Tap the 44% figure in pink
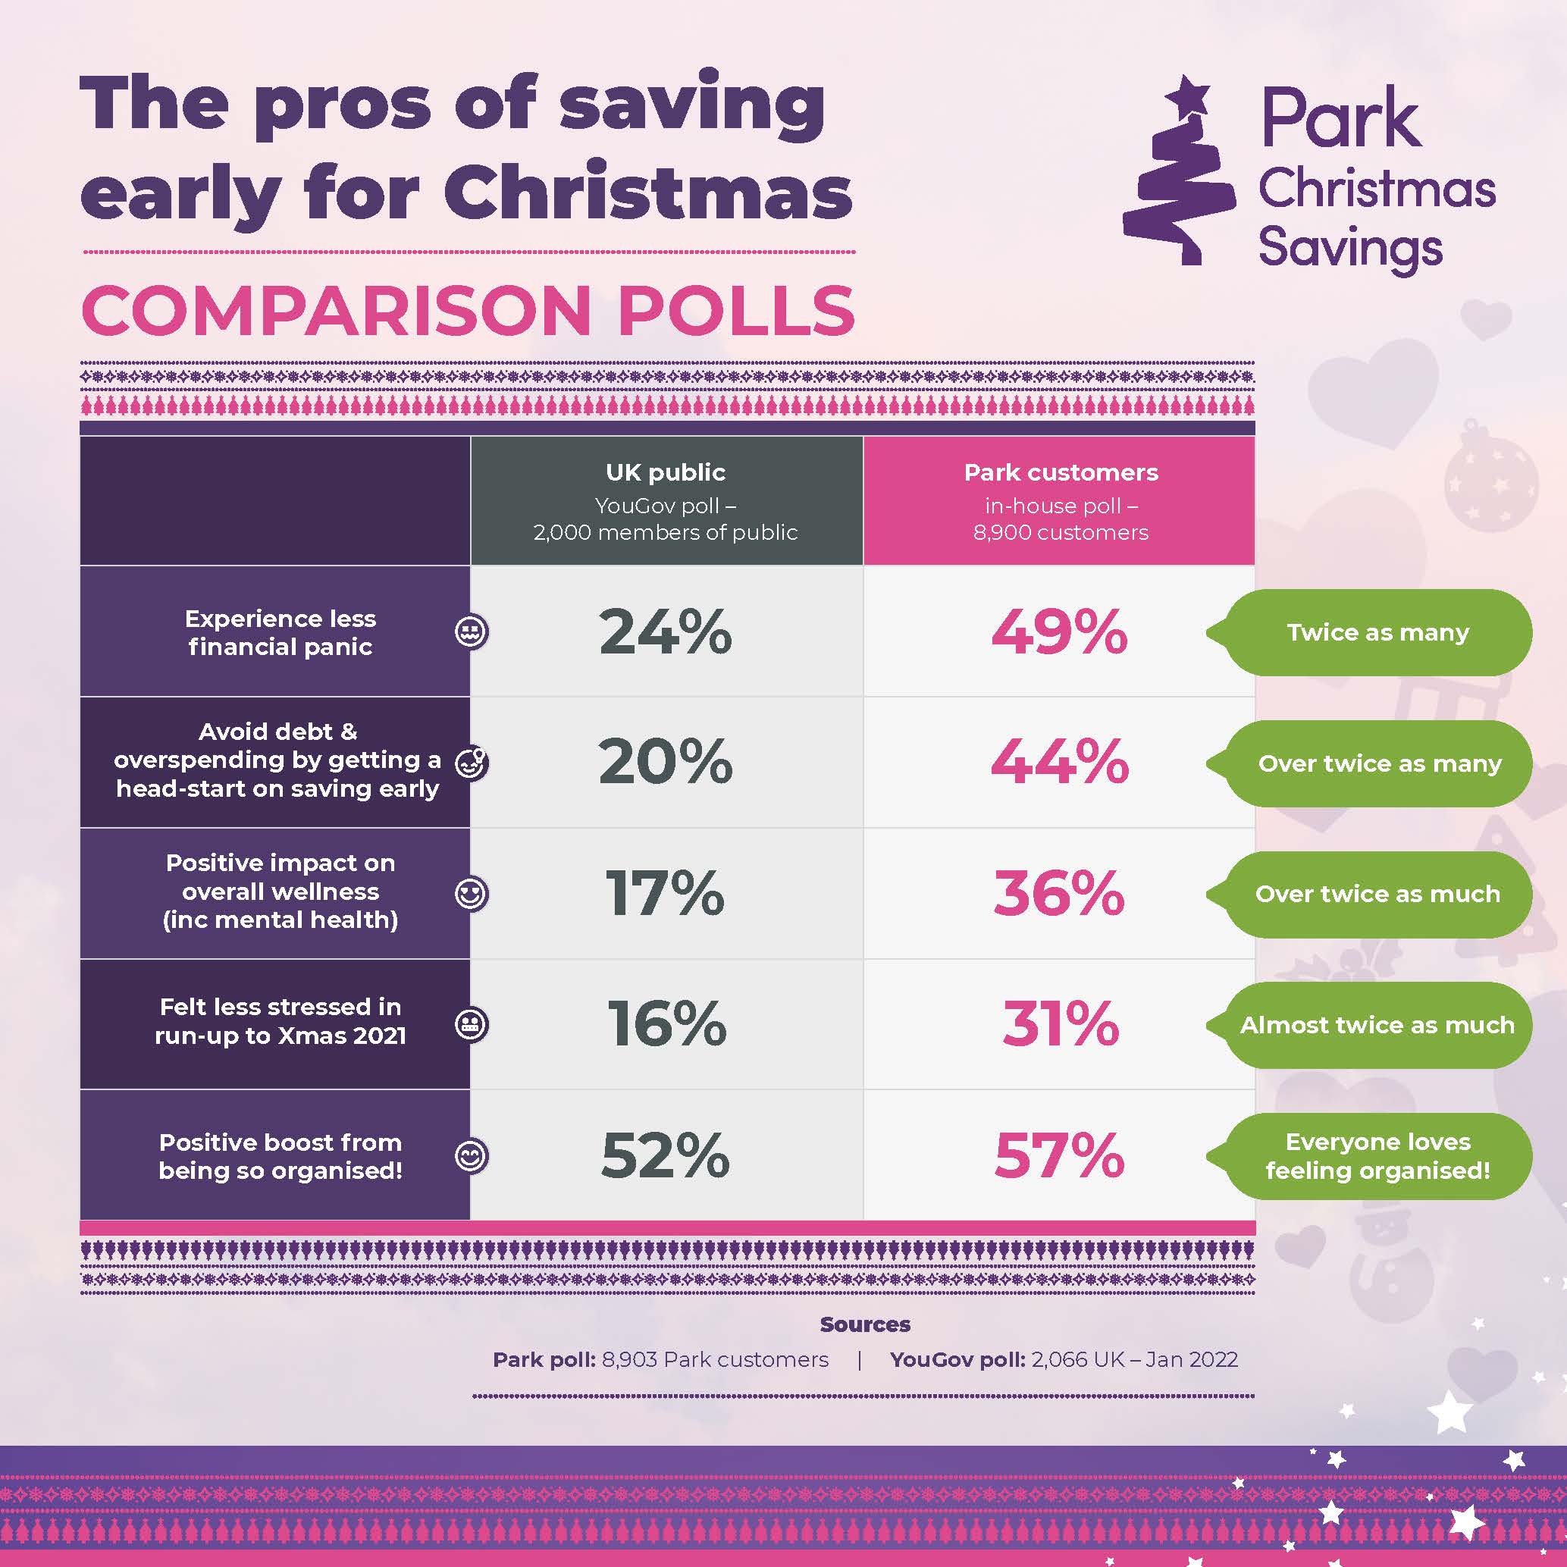pyautogui.click(x=1059, y=763)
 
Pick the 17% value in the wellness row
pyautogui.click(x=665, y=893)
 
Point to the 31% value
pyautogui.click(x=1059, y=1023)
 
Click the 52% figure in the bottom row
pyautogui.click(x=665, y=1155)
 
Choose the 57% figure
pyautogui.click(x=1059, y=1155)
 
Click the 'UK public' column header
pyautogui.click(x=665, y=472)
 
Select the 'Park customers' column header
pyautogui.click(x=1060, y=472)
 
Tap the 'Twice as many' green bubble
pyautogui.click(x=1377, y=633)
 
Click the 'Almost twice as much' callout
pyautogui.click(x=1377, y=1025)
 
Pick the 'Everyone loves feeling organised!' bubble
pyautogui.click(x=1377, y=1156)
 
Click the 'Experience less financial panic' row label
pyautogui.click(x=280, y=633)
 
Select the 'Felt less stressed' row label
pyautogui.click(x=280, y=1021)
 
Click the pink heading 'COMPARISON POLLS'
pyautogui.click(x=468, y=311)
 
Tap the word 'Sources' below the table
pyautogui.click(x=864, y=1324)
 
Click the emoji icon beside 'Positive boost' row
pyautogui.click(x=472, y=1155)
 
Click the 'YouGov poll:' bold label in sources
pyautogui.click(x=957, y=1360)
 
